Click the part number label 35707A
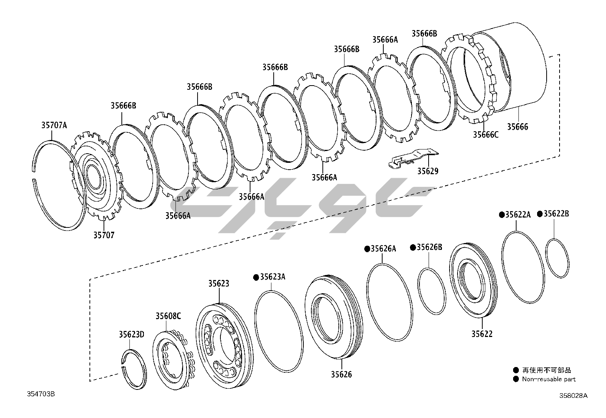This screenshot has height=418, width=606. [54, 125]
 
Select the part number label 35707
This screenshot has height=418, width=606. [104, 235]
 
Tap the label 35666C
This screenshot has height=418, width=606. [485, 134]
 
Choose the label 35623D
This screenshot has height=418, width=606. [131, 334]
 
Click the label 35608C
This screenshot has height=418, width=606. [168, 316]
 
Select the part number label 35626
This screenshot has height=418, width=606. [341, 374]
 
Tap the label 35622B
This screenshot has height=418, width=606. [556, 214]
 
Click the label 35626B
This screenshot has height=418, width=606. [429, 247]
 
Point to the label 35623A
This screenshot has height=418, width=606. [273, 277]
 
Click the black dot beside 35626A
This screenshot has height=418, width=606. [367, 249]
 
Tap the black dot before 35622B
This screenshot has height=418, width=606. [539, 214]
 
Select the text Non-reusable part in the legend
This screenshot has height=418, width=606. [549, 379]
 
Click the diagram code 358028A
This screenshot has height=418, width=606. [573, 395]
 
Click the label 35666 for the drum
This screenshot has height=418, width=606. [518, 127]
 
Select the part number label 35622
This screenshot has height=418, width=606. [482, 334]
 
